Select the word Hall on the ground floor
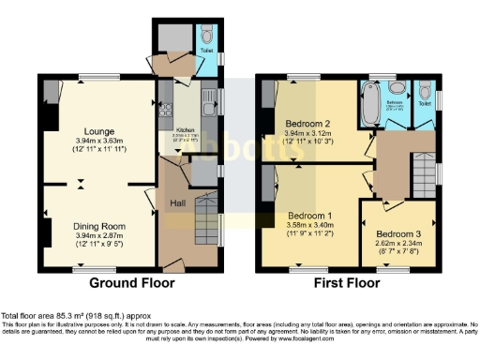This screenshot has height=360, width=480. coord(176,202)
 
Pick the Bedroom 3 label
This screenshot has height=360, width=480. coord(399,234)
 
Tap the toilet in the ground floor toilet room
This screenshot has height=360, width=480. coord(205,37)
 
